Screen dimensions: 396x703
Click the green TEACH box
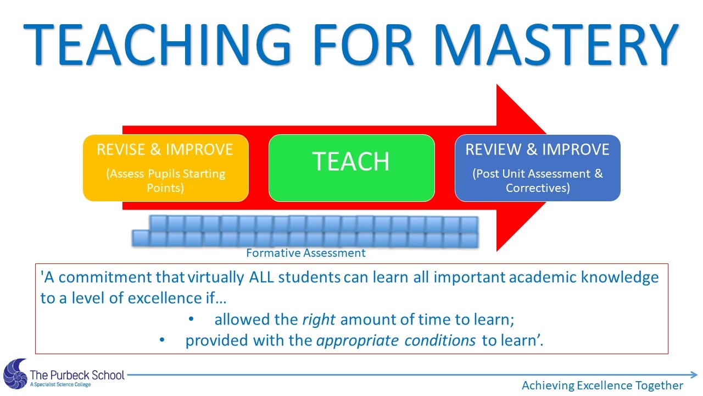pos(351,168)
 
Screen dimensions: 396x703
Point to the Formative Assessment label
pos(306,253)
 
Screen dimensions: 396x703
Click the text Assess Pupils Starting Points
pos(165,180)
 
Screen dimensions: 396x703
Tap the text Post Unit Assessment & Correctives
pos(537,180)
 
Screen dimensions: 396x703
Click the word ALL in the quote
pos(261,277)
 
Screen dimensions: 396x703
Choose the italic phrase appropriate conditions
pos(396,340)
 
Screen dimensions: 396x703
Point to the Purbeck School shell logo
pos(15,375)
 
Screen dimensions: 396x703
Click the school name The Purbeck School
pos(77,375)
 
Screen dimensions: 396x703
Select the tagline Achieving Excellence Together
pos(602,386)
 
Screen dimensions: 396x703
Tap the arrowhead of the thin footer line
pos(695,375)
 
